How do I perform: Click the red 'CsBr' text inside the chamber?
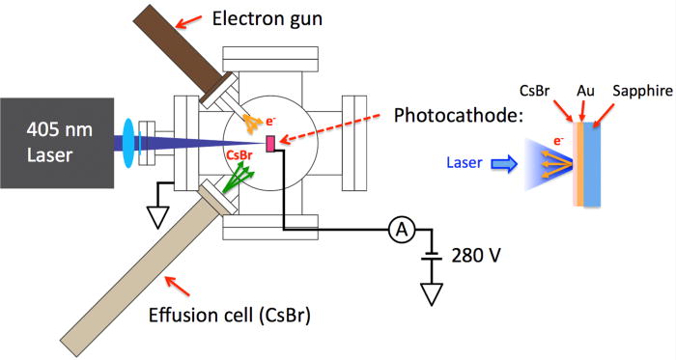point(239,153)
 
